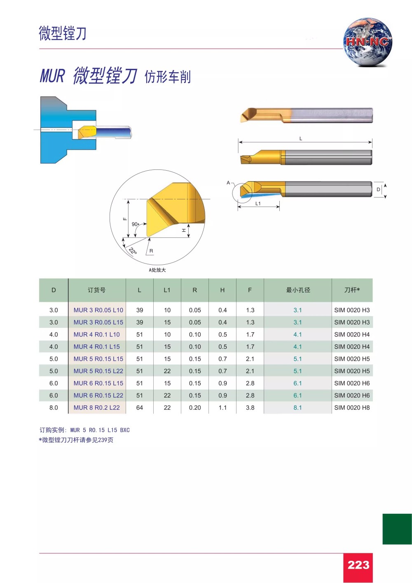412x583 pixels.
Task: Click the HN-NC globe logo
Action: pyautogui.click(x=368, y=42)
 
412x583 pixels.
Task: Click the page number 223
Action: pyautogui.click(x=358, y=565)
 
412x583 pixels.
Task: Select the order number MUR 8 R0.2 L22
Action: pyautogui.click(x=96, y=408)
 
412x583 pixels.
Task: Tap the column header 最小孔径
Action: pyautogui.click(x=298, y=290)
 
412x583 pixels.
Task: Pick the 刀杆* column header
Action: pyautogui.click(x=352, y=290)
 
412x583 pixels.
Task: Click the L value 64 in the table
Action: pyautogui.click(x=140, y=408)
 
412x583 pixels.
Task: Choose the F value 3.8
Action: pyautogui.click(x=250, y=408)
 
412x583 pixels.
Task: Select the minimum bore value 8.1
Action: pyautogui.click(x=297, y=408)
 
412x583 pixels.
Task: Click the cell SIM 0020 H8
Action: pyautogui.click(x=352, y=408)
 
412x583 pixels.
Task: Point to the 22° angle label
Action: pyautogui.click(x=133, y=251)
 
